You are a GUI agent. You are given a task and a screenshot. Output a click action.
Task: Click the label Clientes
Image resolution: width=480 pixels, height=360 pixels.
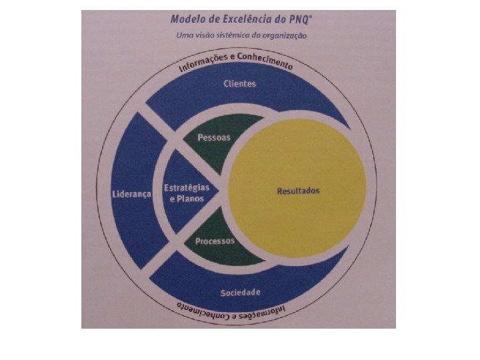tap(239, 84)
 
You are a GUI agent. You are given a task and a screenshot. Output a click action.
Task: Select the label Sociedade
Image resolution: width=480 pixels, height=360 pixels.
tap(240, 293)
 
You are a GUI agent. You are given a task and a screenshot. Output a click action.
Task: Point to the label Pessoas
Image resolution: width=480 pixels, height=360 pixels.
tap(214, 138)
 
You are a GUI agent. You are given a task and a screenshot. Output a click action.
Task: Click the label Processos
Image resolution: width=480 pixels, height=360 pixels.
tap(215, 241)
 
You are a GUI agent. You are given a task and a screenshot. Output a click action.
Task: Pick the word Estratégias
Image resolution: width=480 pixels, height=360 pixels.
tap(187, 187)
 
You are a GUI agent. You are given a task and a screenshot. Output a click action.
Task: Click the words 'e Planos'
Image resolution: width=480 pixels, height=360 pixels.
tap(186, 198)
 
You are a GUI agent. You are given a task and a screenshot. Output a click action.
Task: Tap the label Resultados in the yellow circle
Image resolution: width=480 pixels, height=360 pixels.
tap(298, 191)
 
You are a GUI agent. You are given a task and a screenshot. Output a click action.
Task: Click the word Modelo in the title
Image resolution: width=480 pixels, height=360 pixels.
tap(189, 21)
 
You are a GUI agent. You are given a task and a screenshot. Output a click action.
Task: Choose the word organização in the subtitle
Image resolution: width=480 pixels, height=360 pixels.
tap(284, 36)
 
